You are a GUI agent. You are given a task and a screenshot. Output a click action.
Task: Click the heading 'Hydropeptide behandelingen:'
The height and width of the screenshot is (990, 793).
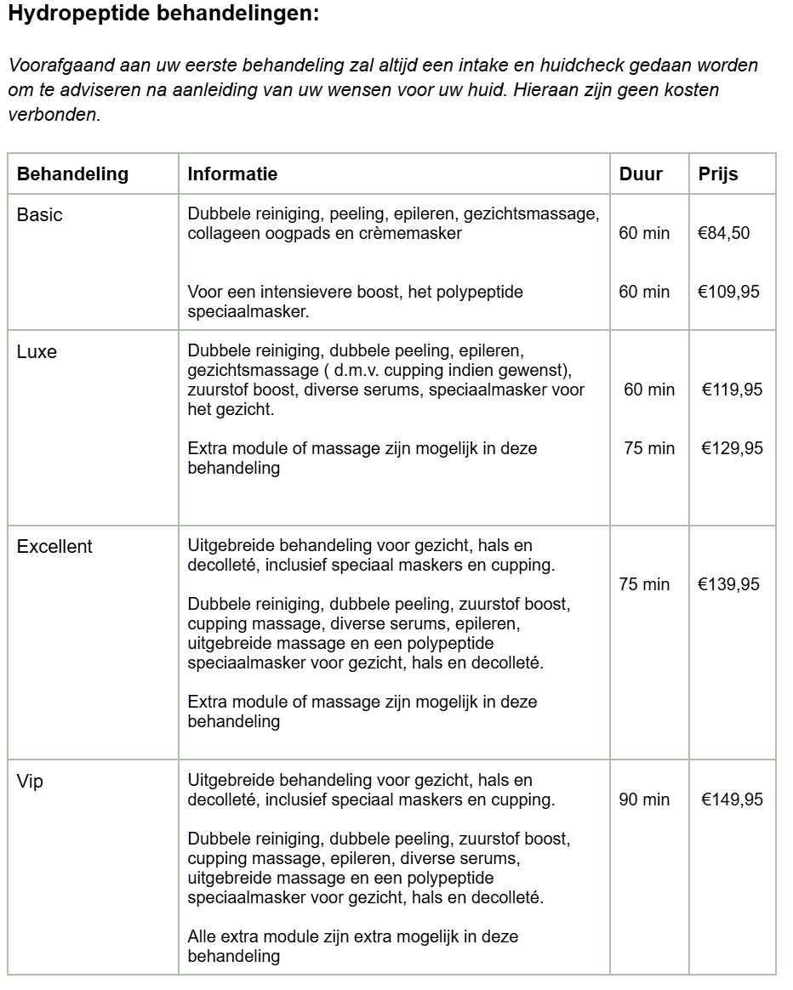pyautogui.click(x=163, y=14)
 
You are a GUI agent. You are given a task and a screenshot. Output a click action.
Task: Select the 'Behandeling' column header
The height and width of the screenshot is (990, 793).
pyautogui.click(x=72, y=174)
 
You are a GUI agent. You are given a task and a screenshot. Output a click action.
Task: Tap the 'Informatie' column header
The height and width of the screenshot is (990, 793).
pyautogui.click(x=232, y=174)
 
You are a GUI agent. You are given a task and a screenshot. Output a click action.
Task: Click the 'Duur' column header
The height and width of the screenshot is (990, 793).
pyautogui.click(x=641, y=174)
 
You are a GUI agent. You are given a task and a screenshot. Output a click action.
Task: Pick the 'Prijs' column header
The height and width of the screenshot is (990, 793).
pyautogui.click(x=718, y=174)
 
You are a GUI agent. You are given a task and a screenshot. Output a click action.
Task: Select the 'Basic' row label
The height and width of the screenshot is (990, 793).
pyautogui.click(x=39, y=215)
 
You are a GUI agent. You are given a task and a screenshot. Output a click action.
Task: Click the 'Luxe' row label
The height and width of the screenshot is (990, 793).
pyautogui.click(x=37, y=351)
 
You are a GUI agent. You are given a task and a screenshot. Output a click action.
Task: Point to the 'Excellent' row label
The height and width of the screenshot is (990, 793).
pyautogui.click(x=54, y=547)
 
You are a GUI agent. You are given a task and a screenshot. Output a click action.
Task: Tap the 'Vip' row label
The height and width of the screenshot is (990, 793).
pyautogui.click(x=30, y=782)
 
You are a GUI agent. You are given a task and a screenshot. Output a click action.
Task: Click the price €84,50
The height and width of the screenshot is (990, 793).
pyautogui.click(x=723, y=233)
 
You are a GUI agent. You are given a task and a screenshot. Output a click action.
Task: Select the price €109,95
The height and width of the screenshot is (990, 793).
pyautogui.click(x=728, y=292)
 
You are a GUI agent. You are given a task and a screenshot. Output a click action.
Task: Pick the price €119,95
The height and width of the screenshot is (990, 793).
pyautogui.click(x=732, y=390)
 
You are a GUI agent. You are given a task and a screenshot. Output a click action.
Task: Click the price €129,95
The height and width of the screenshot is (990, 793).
pyautogui.click(x=732, y=448)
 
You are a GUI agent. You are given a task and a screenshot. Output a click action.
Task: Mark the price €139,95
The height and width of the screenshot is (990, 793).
pyautogui.click(x=728, y=584)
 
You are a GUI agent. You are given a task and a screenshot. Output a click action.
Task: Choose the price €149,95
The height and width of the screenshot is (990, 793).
pyautogui.click(x=732, y=799)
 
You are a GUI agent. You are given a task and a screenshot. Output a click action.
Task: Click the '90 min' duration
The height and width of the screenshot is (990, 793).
pyautogui.click(x=644, y=799)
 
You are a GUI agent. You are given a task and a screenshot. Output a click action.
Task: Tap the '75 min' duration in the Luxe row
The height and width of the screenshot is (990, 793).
pyautogui.click(x=649, y=448)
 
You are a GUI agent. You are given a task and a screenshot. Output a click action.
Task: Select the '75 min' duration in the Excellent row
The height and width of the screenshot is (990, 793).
pyautogui.click(x=644, y=584)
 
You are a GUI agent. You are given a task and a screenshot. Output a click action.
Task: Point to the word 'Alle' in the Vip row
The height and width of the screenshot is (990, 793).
pyautogui.click(x=203, y=936)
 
